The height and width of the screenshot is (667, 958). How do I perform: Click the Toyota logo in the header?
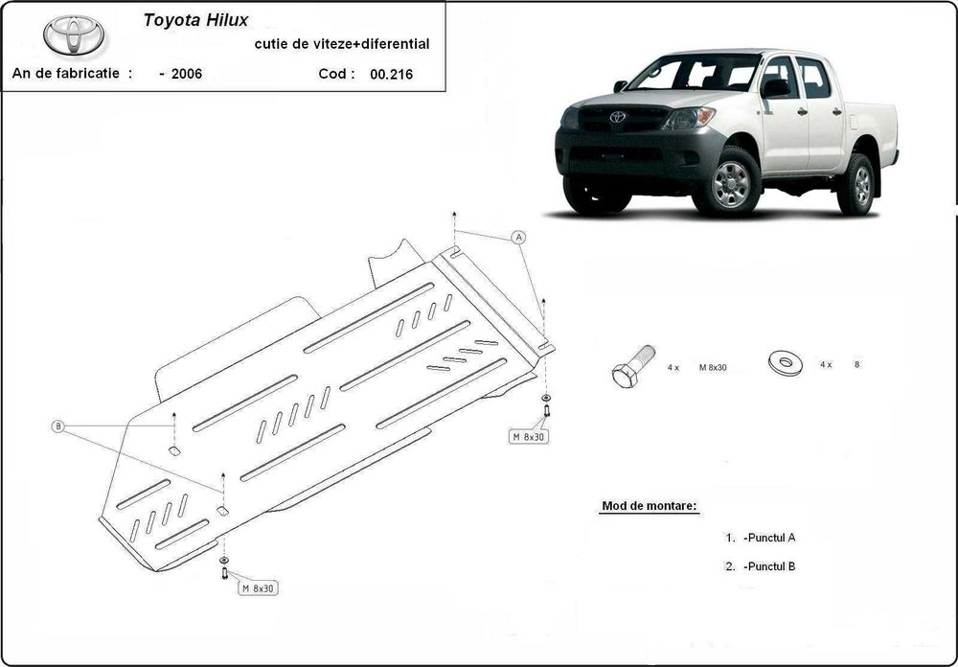(x=75, y=35)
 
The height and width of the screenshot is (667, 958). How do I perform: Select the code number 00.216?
(x=391, y=74)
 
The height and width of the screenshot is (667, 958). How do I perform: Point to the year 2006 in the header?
(x=187, y=74)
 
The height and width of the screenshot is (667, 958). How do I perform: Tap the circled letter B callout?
(x=58, y=426)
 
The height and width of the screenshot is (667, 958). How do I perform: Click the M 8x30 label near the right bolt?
(x=528, y=436)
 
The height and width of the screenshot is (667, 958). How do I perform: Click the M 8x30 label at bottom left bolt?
(x=259, y=587)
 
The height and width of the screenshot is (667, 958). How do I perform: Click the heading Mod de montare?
(x=650, y=505)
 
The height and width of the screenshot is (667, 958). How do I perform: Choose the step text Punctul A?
(x=768, y=538)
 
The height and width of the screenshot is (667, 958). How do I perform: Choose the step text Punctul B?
(x=768, y=566)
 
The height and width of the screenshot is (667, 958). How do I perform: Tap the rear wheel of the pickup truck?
(x=857, y=185)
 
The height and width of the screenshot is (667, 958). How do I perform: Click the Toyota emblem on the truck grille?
(x=617, y=117)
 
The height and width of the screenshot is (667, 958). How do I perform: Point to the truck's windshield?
(x=695, y=73)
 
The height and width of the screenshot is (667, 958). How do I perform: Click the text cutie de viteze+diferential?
(x=342, y=43)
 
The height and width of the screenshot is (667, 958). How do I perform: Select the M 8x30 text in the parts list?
(x=713, y=367)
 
